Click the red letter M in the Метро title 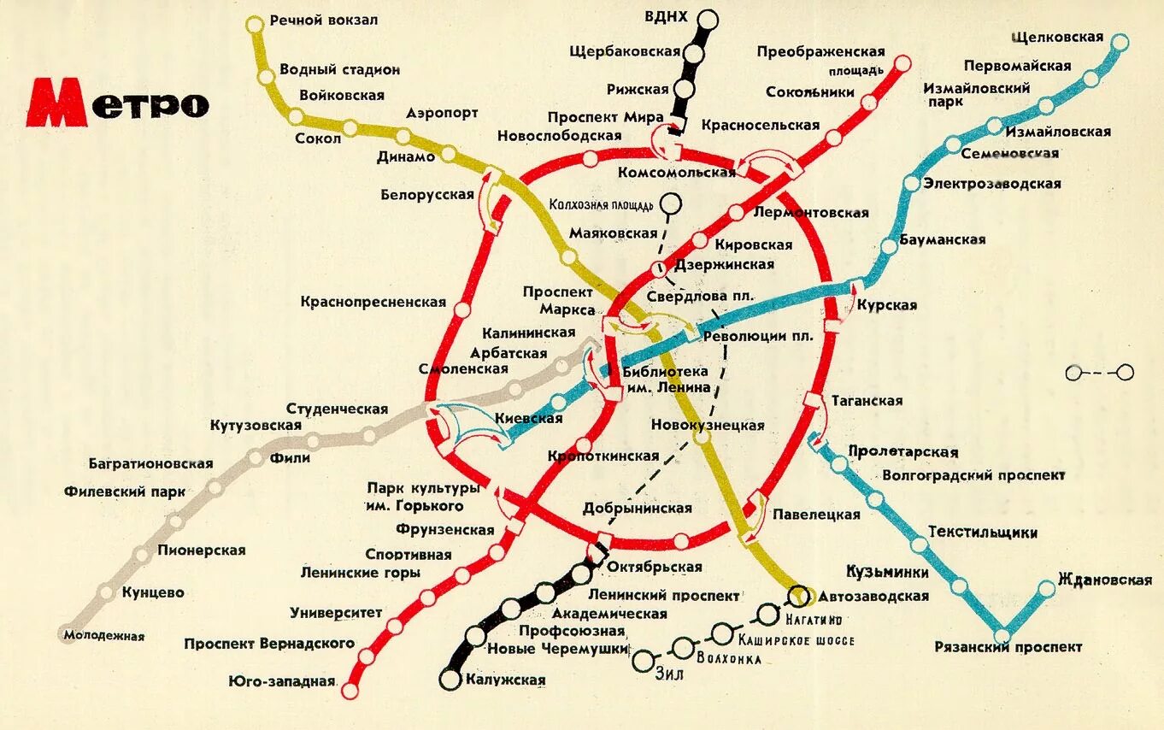(57, 103)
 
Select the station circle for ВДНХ (708, 20)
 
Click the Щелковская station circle (1119, 41)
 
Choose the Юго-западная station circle (350, 689)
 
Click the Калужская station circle (450, 680)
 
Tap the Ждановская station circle (1047, 589)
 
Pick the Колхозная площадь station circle (672, 203)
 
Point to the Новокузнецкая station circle (702, 438)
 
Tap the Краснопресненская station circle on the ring (463, 309)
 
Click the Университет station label (336, 613)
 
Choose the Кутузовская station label (256, 426)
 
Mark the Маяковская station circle (569, 256)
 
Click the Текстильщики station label (983, 533)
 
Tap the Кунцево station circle (106, 592)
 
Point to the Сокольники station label (810, 91)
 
